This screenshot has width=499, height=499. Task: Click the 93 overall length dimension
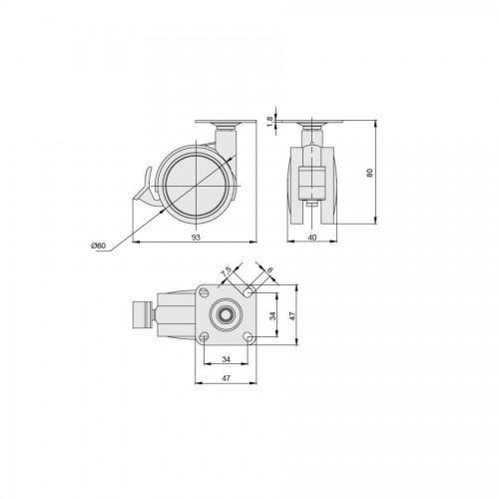[197, 238]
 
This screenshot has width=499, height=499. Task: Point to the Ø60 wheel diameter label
[98, 246]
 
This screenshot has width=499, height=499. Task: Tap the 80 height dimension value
[370, 173]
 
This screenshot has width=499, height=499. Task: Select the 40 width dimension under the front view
[312, 238]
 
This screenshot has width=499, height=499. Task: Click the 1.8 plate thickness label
[269, 121]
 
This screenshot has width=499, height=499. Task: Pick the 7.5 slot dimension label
[227, 272]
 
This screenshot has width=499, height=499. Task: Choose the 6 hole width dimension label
[269, 270]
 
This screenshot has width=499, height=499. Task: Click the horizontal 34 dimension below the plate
[226, 359]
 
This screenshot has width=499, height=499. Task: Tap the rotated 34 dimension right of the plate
[272, 315]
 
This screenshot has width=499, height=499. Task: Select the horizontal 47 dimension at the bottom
[226, 378]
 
